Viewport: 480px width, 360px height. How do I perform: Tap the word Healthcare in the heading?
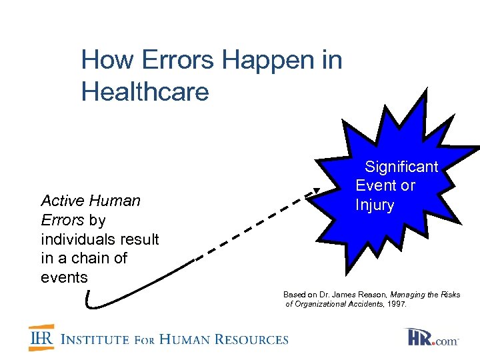(145, 91)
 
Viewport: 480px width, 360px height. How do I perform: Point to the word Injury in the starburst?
(375, 205)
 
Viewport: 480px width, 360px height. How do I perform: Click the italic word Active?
(61, 201)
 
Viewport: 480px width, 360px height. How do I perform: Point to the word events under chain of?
(64, 277)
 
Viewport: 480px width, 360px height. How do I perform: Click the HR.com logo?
(431, 337)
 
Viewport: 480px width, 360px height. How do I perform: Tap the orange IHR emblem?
(41, 338)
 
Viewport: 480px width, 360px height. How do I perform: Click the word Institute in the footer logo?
(95, 339)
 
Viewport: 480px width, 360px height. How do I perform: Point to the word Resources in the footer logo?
(251, 339)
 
